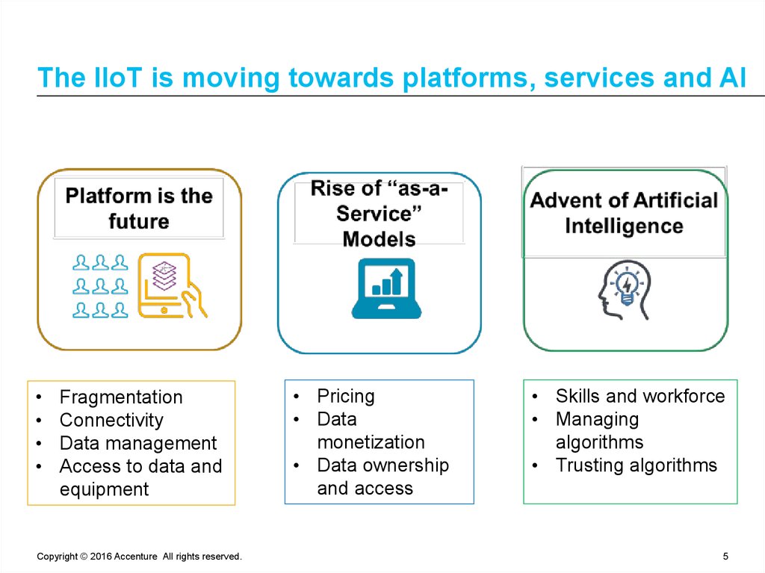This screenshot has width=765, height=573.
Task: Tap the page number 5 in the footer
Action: point(725,557)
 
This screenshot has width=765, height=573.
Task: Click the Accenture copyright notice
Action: point(139,557)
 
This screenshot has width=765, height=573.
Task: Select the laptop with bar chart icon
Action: point(386,288)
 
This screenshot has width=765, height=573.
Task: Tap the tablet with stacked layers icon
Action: point(170,287)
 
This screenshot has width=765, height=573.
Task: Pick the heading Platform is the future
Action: point(139,208)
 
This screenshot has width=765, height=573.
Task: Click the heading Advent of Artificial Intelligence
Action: point(624,213)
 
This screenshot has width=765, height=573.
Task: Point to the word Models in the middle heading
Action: point(379,239)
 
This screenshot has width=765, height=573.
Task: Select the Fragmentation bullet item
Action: point(120,397)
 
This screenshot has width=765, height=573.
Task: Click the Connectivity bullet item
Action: point(111,420)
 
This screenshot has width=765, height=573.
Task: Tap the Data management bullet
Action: point(137,443)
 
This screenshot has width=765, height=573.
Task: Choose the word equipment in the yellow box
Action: point(104,489)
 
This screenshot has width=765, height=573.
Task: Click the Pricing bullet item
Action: point(345,396)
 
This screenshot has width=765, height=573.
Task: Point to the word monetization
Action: point(371,442)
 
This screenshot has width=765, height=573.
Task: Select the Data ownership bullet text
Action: point(382,465)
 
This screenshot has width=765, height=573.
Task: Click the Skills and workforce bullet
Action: point(639,396)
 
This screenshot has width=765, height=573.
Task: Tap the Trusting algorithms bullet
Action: point(636,465)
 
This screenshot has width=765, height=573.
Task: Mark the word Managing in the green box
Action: point(597,419)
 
